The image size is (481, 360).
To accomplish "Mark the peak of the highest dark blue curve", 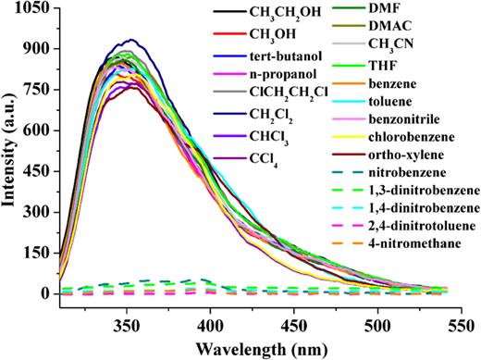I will (x=131, y=40).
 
